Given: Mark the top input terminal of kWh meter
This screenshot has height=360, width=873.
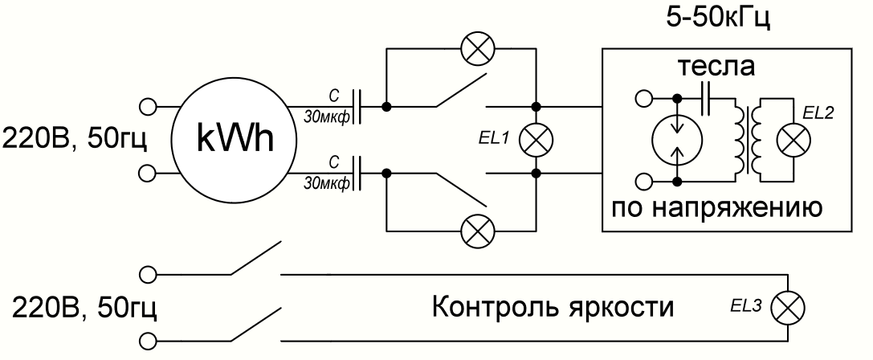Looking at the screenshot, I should [x=146, y=105].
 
